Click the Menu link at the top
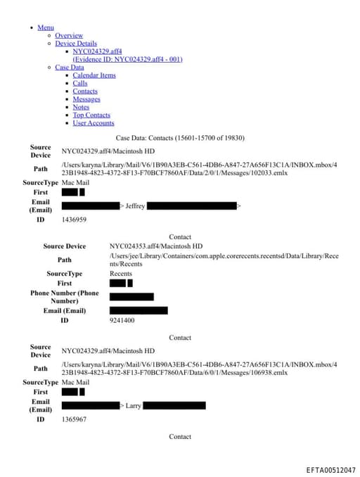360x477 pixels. [45, 27]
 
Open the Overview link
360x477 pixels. [69, 35]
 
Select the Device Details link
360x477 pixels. [76, 44]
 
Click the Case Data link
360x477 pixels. [69, 68]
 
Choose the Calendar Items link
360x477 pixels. [94, 75]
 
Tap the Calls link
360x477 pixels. [80, 83]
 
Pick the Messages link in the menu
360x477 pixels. [86, 99]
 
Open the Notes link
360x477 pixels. [81, 107]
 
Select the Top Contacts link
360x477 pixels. [91, 115]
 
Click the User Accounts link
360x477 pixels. [94, 123]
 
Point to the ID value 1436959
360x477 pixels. [74, 220]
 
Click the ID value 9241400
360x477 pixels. [122, 320]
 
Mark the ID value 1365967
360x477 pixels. [74, 419]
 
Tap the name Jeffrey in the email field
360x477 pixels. [135, 206]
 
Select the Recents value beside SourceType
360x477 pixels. [121, 274]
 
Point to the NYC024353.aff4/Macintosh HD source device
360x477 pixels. [155, 246]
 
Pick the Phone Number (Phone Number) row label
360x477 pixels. [65, 297]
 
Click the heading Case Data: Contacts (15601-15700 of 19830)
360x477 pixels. [180, 137]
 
